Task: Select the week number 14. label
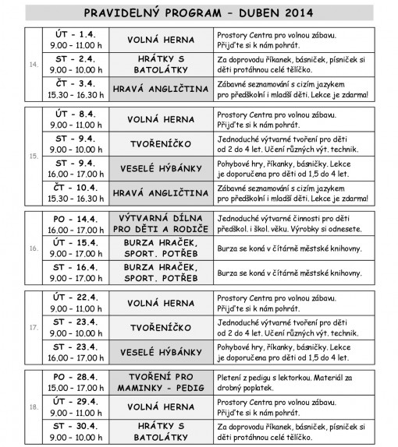tap(32, 65)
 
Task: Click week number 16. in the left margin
tap(32, 248)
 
